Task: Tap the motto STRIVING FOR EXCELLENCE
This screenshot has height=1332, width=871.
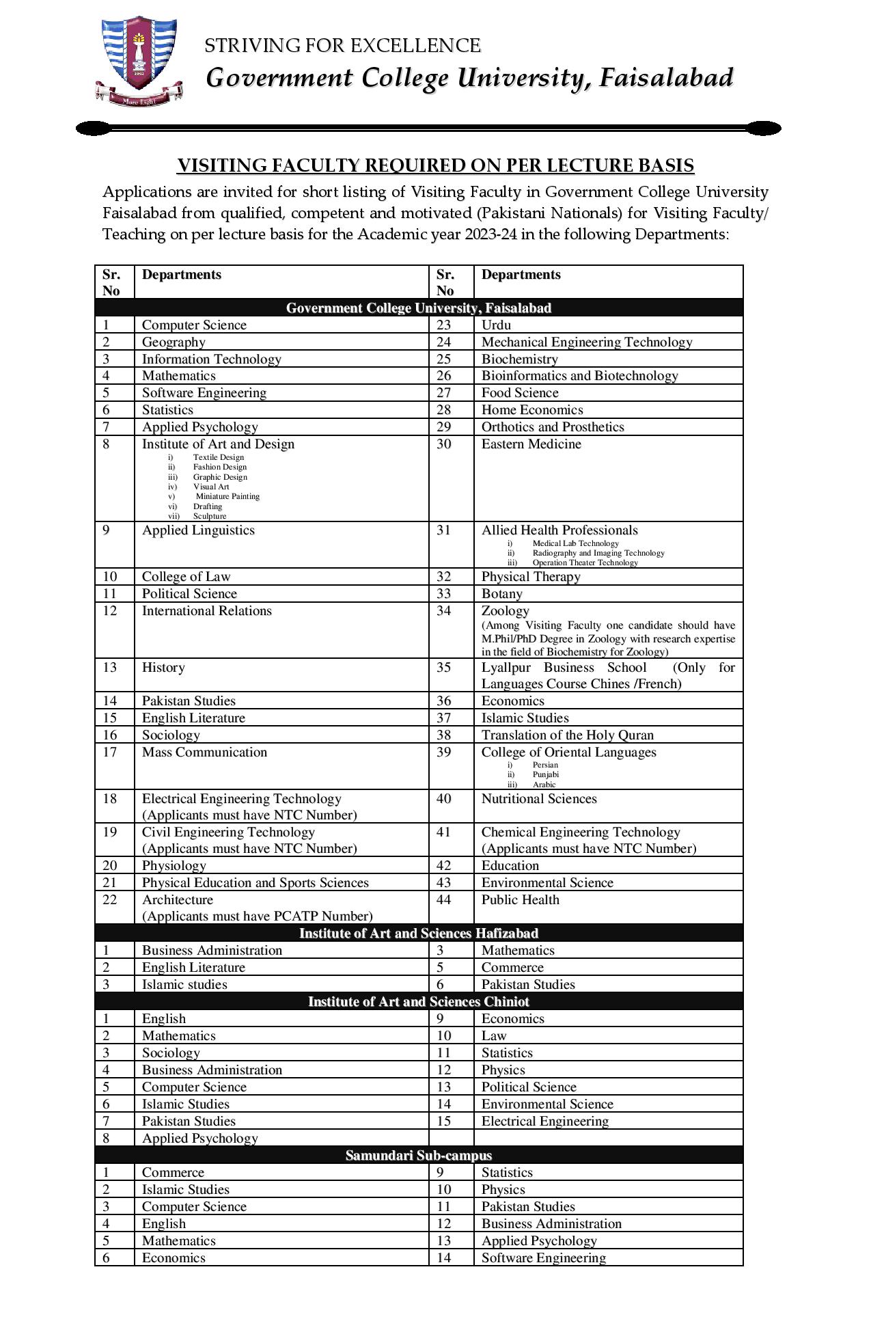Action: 342,46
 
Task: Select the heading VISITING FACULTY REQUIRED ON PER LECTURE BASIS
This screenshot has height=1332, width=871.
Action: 435,165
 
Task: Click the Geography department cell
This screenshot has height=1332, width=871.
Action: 174,342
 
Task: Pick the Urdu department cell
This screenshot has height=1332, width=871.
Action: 496,325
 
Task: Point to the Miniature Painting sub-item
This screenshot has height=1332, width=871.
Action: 227,496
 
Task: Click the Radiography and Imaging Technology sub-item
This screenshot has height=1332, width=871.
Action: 598,553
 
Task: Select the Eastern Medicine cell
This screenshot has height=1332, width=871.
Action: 531,444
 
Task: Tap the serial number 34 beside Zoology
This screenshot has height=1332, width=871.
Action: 444,610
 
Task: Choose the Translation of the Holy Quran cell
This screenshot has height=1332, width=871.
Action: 567,735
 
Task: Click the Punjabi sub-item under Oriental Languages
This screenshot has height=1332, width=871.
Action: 545,774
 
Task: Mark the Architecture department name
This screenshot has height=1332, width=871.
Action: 178,899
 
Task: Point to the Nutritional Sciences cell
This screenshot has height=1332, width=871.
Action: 538,799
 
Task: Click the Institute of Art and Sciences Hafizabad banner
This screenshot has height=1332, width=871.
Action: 418,933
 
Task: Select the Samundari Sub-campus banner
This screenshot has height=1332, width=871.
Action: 418,1155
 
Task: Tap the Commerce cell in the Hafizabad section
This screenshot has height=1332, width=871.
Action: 512,967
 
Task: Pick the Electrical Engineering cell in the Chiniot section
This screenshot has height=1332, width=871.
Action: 544,1121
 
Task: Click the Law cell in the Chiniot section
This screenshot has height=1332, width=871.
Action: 494,1035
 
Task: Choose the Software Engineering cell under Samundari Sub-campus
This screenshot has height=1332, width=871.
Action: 543,1258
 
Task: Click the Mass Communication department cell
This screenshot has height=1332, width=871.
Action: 204,752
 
